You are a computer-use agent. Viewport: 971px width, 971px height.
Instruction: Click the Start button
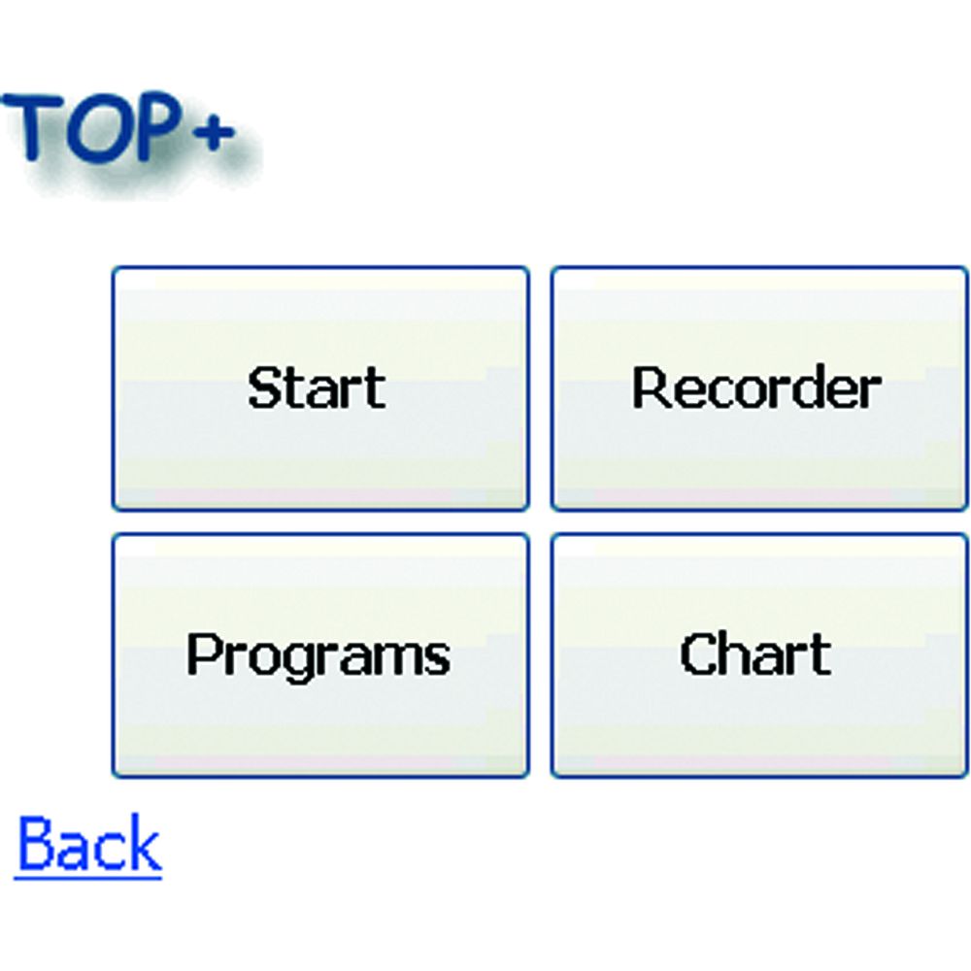pos(320,389)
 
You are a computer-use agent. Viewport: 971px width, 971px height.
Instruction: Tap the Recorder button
pos(759,389)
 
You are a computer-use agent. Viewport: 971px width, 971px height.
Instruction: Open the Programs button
pos(320,655)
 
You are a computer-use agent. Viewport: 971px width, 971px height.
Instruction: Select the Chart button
pos(759,655)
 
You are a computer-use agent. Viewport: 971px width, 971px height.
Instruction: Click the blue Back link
pos(88,844)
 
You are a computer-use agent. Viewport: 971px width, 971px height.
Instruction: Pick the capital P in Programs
pos(204,653)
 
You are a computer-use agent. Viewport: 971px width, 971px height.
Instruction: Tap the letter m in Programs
pos(395,659)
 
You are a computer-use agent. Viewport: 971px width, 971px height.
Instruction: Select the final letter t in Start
pos(374,389)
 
